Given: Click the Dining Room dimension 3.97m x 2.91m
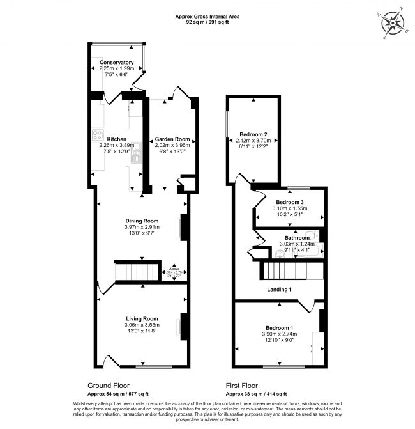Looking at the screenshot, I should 142,227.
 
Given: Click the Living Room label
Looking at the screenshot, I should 141,318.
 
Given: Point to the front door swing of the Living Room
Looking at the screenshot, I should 109,361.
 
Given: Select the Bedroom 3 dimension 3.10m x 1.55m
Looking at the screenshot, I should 290,208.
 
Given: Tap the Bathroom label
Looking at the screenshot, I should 297,238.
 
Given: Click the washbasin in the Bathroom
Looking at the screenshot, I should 280,253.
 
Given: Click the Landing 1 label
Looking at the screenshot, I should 279,290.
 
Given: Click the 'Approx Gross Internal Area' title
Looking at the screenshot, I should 207,16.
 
